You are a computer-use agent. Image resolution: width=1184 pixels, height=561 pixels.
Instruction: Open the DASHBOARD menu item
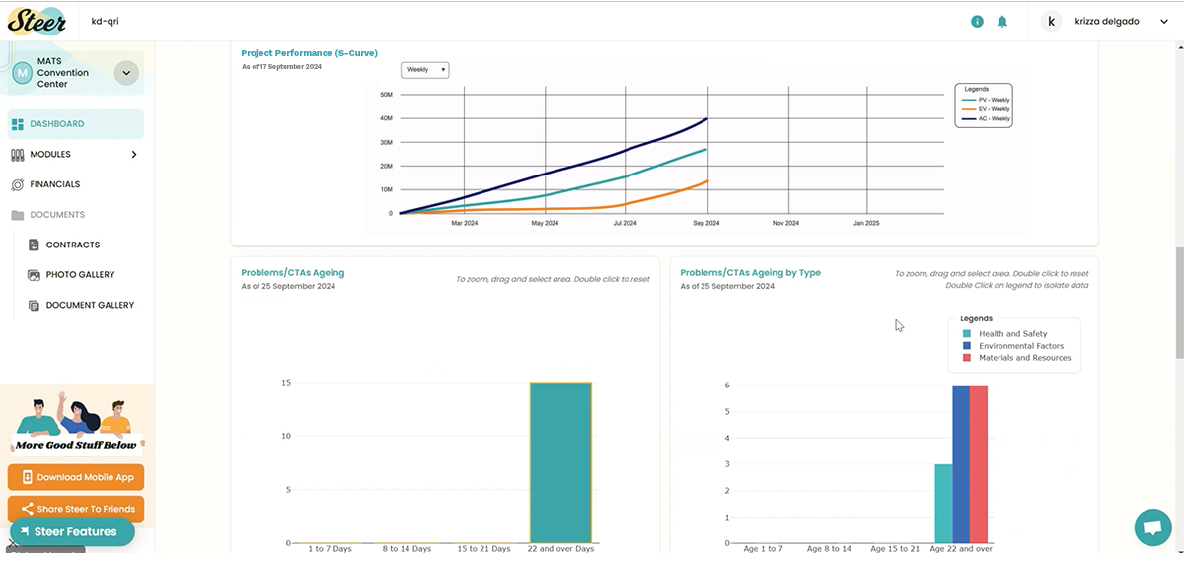click(56, 124)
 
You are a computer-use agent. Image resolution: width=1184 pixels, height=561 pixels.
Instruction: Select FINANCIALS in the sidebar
click(54, 184)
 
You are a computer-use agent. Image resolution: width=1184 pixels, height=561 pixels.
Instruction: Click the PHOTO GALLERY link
click(80, 275)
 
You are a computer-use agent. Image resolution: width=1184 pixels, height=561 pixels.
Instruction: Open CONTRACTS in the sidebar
click(73, 245)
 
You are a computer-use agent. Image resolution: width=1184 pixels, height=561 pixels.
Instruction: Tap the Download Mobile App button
click(76, 477)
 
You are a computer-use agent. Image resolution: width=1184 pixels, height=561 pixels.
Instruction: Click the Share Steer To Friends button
click(76, 509)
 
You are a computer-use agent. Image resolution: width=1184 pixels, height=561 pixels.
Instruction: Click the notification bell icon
click(1002, 21)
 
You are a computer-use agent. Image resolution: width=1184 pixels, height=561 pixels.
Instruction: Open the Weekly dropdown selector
click(425, 70)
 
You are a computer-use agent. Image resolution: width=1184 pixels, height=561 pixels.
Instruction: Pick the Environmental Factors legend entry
click(1021, 346)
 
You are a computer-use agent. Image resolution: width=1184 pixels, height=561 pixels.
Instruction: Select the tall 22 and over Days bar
click(560, 461)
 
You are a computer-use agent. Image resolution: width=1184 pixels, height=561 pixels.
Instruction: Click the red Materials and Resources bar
click(979, 463)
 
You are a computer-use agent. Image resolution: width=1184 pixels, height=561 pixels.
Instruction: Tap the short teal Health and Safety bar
click(943, 503)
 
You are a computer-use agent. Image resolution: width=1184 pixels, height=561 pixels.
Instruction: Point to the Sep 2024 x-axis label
click(705, 224)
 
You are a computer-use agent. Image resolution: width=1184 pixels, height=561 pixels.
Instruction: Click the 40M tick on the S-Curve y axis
click(386, 118)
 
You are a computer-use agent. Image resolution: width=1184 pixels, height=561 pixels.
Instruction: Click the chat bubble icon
click(1151, 526)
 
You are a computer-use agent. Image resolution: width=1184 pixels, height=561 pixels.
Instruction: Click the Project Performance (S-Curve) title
click(309, 53)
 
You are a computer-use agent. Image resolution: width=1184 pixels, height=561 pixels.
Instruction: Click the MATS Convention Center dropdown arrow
click(126, 72)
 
